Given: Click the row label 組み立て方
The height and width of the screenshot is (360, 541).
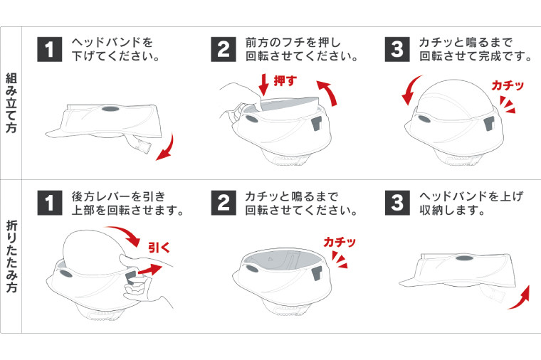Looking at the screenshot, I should (11, 103).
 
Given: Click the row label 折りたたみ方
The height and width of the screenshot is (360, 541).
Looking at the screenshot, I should (11, 255).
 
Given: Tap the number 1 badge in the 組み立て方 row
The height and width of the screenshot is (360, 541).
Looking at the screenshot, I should (49, 50).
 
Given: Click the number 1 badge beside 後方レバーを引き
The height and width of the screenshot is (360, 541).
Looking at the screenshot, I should (49, 203).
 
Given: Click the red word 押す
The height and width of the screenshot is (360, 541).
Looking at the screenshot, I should (285, 81).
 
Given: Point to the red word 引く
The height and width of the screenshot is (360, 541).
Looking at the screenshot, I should (158, 248).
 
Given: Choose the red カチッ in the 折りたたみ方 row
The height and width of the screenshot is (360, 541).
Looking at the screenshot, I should (340, 243).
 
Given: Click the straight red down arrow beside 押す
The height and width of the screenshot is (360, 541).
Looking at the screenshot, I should (264, 84).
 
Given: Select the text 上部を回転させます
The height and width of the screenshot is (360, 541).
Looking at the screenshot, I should (128, 211).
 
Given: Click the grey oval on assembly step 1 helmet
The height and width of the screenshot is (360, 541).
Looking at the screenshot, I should (111, 111).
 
